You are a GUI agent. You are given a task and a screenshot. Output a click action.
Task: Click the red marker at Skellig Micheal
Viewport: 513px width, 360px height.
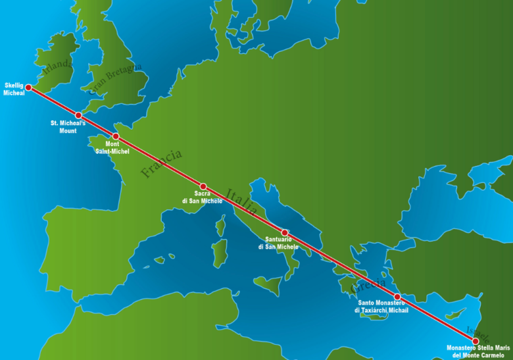coord(28,87)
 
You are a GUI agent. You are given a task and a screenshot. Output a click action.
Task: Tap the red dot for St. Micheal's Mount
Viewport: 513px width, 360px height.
coord(78,115)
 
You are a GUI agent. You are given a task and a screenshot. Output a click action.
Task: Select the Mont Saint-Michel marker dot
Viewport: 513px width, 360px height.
coord(116,136)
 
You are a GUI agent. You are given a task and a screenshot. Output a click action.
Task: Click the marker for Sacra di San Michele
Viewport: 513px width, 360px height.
coord(203,186)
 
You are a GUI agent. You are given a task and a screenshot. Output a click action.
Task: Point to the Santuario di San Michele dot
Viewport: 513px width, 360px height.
coord(285,232)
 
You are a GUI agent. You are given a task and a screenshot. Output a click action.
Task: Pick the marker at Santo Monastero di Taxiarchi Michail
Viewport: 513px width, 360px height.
coord(397,297)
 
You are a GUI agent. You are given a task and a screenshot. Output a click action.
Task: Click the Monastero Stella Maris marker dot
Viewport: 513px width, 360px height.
coord(476,341)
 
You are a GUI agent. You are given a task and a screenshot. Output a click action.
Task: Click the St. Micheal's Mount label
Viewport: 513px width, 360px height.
coord(68,126)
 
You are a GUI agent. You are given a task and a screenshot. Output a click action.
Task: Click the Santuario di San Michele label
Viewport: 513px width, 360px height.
coord(278,243)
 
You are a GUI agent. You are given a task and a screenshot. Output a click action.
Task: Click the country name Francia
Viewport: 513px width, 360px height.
coord(161,164)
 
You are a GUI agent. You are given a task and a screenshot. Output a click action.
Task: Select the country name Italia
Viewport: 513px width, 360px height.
coord(241,201)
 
